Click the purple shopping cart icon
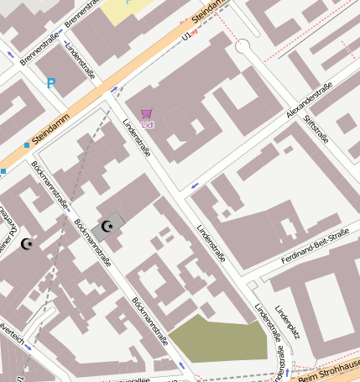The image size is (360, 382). [148, 114]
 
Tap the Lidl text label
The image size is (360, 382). [149, 125]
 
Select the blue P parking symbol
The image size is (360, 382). [51, 84]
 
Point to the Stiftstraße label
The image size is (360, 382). [318, 129]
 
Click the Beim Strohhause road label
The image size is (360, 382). [329, 369]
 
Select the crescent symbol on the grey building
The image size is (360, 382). [107, 226]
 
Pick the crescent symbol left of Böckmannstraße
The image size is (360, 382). [27, 243]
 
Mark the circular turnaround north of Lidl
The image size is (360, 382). [243, 46]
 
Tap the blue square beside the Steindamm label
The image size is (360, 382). [27, 144]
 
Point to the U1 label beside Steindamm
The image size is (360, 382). [186, 36]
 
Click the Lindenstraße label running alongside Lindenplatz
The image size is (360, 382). [265, 323]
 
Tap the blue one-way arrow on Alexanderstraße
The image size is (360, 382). [195, 185]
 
